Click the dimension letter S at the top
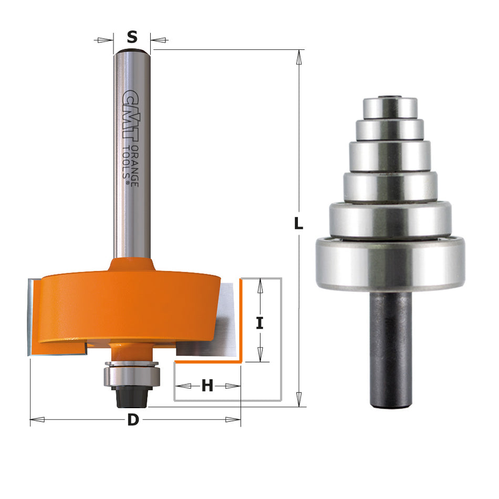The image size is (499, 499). point(132,37)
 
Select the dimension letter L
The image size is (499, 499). point(298,224)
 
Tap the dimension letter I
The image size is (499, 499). point(259,323)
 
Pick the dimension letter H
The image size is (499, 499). point(207,386)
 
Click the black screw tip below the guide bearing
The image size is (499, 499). point(131,399)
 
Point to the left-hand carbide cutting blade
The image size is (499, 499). point(30,318)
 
